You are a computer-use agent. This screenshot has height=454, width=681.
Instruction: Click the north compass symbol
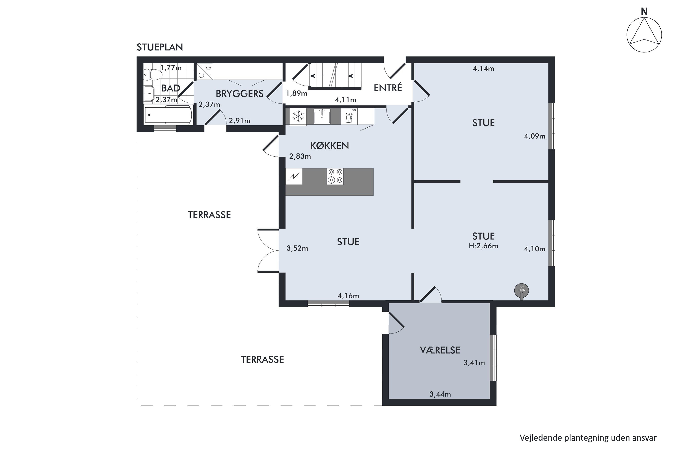[x=644, y=35]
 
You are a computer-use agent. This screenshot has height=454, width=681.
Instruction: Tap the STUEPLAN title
[x=160, y=47]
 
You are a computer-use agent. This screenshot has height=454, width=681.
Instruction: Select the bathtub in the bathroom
[x=168, y=115]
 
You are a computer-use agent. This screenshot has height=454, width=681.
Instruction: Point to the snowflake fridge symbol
[x=298, y=117]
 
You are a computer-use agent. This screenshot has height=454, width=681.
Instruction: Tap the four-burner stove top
[x=335, y=176]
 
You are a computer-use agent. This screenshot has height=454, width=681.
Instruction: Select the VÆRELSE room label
[x=440, y=350]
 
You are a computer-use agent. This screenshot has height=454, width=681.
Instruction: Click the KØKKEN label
[x=330, y=146]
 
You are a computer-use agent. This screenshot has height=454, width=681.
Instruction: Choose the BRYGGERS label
[x=239, y=94]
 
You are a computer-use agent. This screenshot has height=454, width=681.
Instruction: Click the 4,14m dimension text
[x=483, y=69]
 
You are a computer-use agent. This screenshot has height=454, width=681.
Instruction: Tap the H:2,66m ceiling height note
[x=483, y=246]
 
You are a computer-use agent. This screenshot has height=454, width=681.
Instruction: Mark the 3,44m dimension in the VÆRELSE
[x=440, y=394]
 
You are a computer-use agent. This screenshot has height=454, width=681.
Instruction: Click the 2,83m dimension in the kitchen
[x=300, y=156]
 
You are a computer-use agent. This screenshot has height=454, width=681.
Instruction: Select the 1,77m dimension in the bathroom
[x=171, y=68]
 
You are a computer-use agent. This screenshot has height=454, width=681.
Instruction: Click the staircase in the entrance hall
[x=336, y=76]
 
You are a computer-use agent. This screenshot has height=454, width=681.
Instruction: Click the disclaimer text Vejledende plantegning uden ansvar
[x=588, y=438]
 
